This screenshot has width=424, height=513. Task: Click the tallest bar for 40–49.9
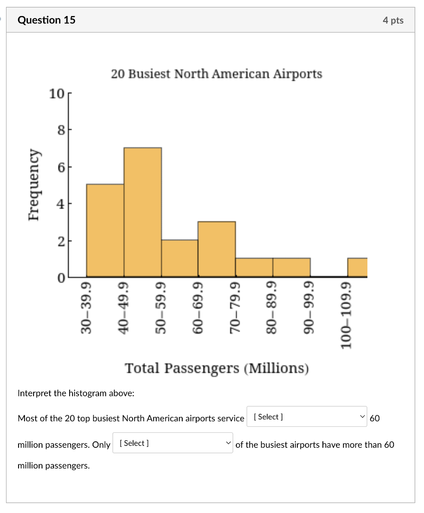[x=143, y=212]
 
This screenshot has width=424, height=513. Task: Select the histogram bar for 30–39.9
[x=105, y=230]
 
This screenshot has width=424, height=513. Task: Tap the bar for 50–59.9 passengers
[x=180, y=259]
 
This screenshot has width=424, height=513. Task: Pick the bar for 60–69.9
[x=217, y=249]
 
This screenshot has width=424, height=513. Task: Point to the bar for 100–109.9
[x=357, y=268]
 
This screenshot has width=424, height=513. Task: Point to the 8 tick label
[x=60, y=130]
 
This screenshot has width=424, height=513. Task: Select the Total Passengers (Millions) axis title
[x=217, y=368]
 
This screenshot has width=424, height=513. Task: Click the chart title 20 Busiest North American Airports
[x=216, y=74]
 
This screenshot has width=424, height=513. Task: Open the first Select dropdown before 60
[x=306, y=417]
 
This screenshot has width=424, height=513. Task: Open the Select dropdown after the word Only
[x=173, y=443]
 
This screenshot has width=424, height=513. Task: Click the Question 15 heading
[x=46, y=20]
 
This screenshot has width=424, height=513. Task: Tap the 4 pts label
[x=392, y=20]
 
